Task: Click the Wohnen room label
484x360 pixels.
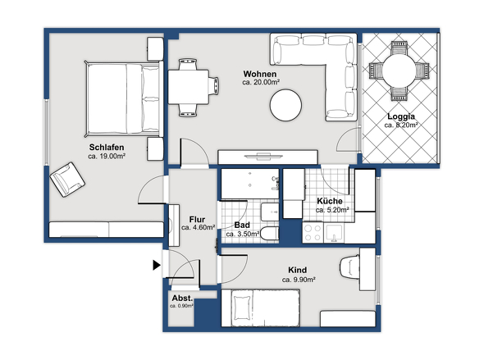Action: [260, 74]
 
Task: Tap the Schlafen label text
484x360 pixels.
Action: [107, 147]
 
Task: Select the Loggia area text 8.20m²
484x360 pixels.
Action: [401, 125]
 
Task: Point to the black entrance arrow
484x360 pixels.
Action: [157, 265]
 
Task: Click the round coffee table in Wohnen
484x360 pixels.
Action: [285, 105]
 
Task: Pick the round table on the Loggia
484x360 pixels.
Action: [399, 71]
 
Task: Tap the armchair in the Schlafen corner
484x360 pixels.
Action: [67, 180]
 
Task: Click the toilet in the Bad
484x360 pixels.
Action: [269, 234]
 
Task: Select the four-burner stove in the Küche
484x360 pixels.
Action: [313, 232]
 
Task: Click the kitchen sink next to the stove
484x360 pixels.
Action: [334, 232]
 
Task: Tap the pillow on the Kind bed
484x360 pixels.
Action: [242, 308]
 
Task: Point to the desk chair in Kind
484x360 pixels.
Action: [349, 267]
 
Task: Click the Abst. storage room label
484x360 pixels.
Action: [182, 298]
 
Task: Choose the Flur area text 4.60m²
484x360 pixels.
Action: [199, 228]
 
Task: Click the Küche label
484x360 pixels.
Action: [330, 201]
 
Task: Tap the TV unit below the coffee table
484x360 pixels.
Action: [268, 157]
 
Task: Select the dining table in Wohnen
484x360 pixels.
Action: [189, 87]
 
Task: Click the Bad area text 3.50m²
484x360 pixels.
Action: [243, 235]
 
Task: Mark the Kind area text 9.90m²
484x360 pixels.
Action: [299, 280]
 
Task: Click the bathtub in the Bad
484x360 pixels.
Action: [250, 184]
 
